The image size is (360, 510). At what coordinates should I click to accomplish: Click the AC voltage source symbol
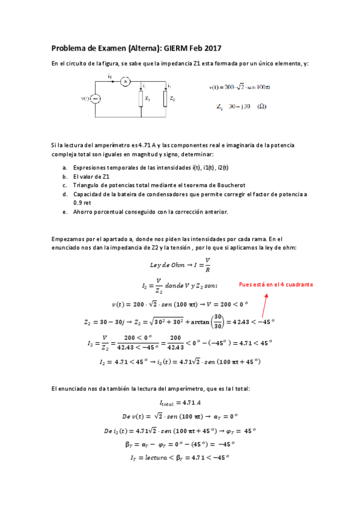point(95,99)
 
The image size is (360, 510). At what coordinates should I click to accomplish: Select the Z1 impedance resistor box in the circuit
point(141,98)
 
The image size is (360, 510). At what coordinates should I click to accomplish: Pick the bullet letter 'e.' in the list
point(64,212)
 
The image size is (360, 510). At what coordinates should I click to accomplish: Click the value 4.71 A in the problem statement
point(146,145)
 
